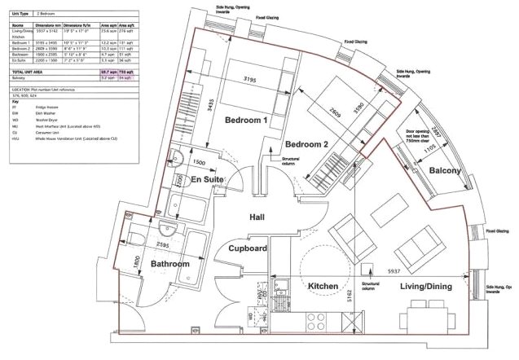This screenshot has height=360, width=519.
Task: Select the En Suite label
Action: pyautogui.click(x=208, y=178)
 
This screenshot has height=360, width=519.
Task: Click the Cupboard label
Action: pyautogui.click(x=248, y=248)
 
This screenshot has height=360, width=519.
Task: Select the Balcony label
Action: pyautogui.click(x=445, y=171)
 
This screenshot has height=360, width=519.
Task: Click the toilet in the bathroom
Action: pyautogui.click(x=138, y=236)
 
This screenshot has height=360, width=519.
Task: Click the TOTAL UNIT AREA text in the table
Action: pyautogui.click(x=29, y=72)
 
